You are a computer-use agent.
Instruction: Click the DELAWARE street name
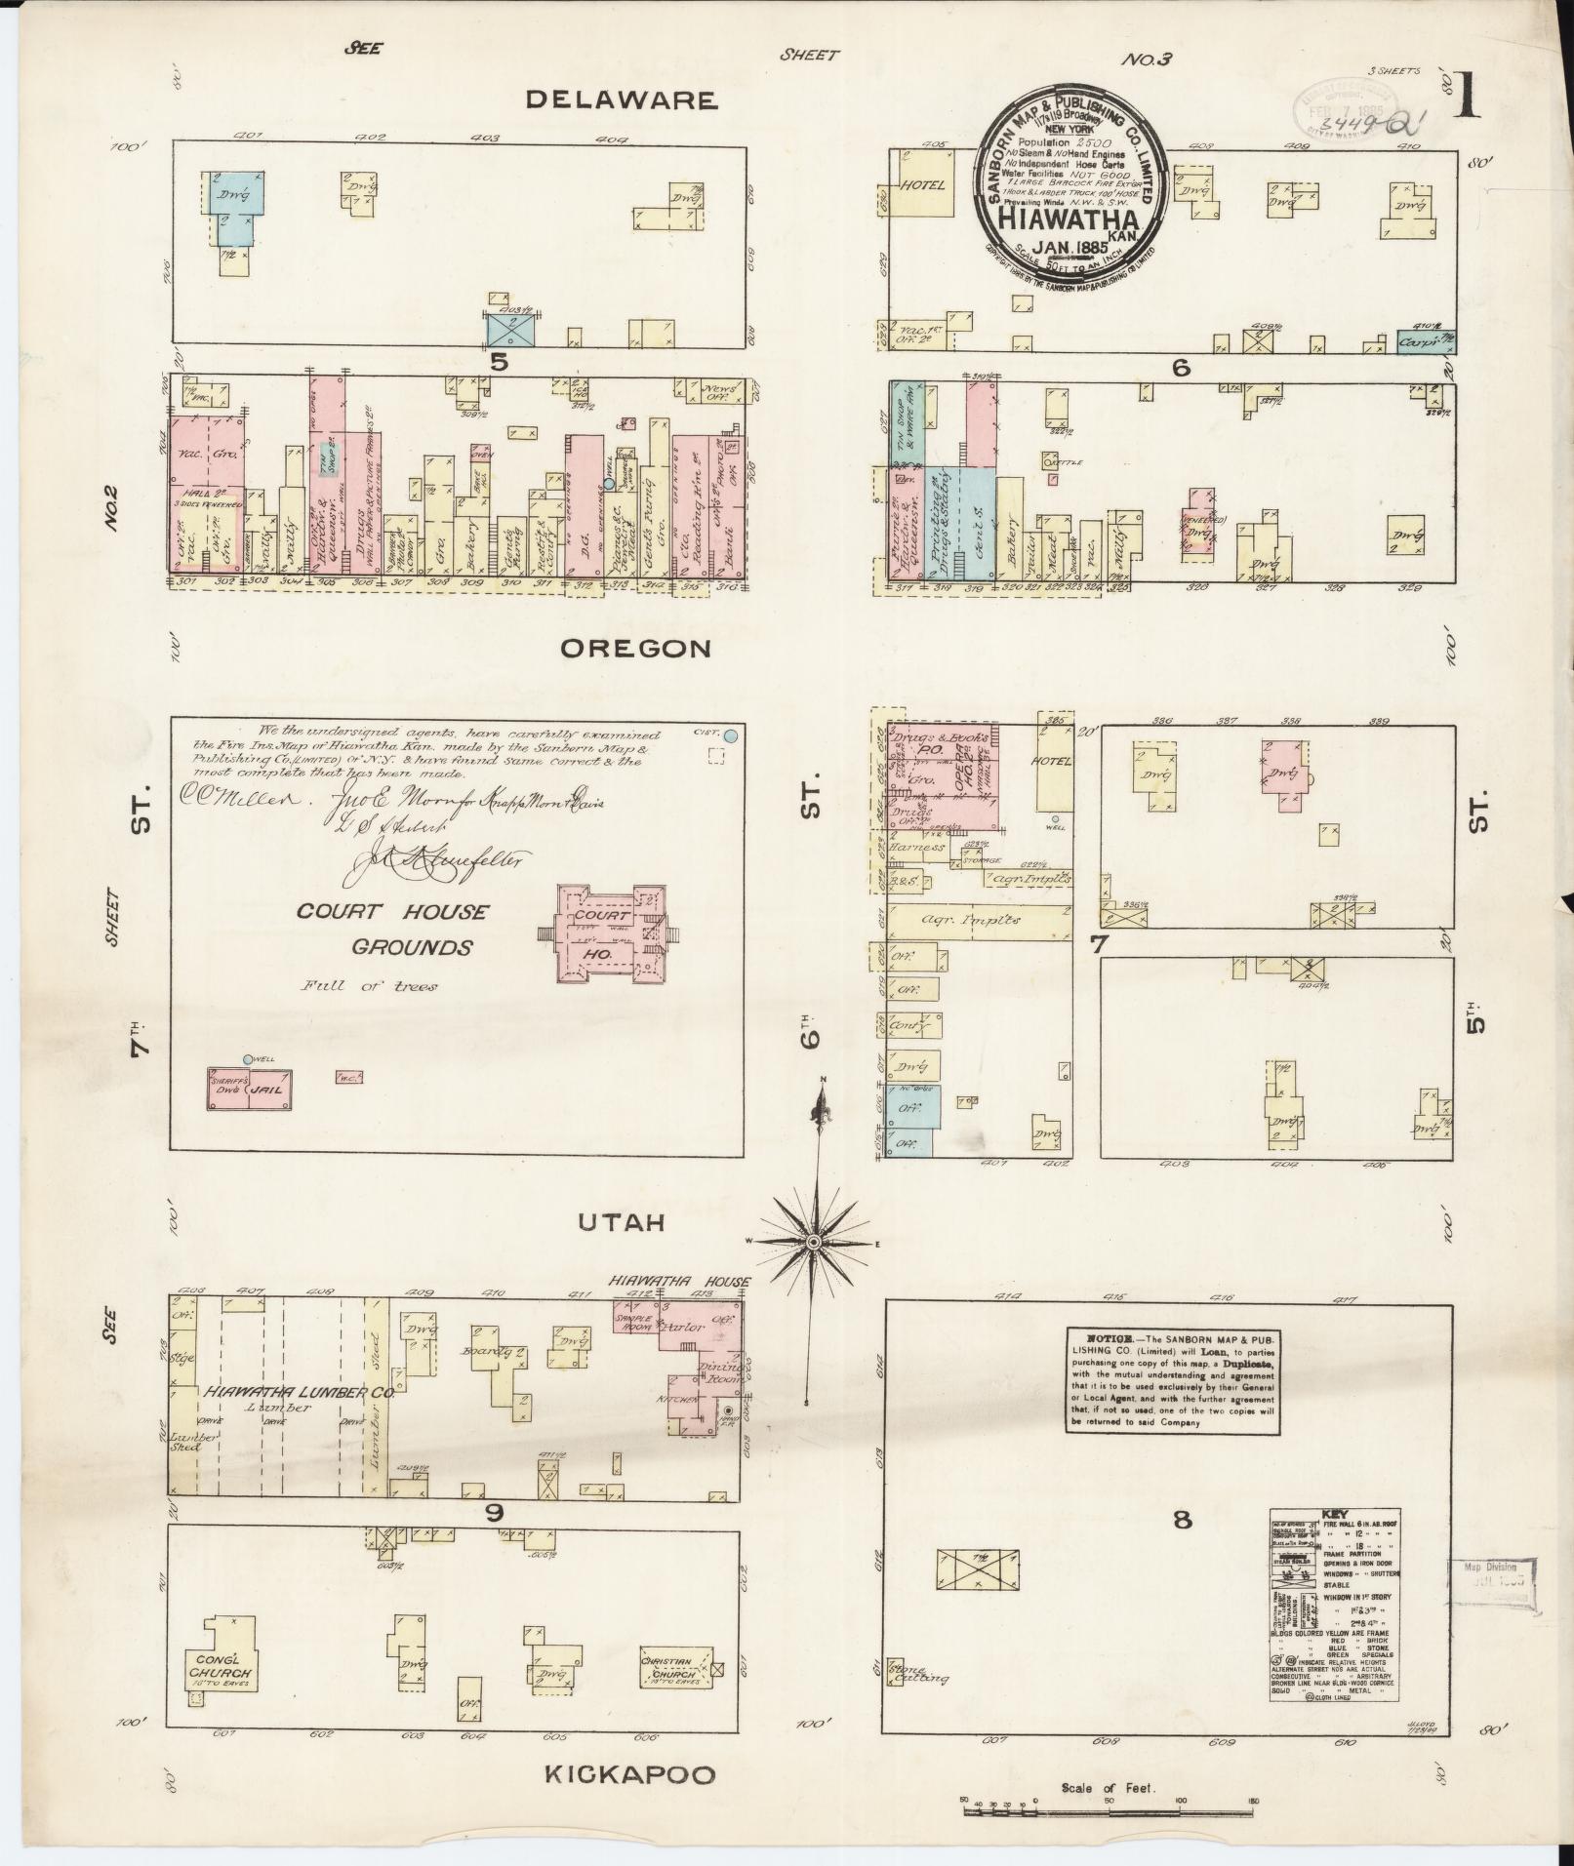[x=622, y=99]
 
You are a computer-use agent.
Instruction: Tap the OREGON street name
[x=634, y=649]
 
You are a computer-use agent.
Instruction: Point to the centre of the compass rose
[x=812, y=1241]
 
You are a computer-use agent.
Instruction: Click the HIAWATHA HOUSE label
[x=680, y=1281]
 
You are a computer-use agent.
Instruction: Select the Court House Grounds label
[x=392, y=929]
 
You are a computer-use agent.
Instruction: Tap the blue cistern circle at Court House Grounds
[x=729, y=734]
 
